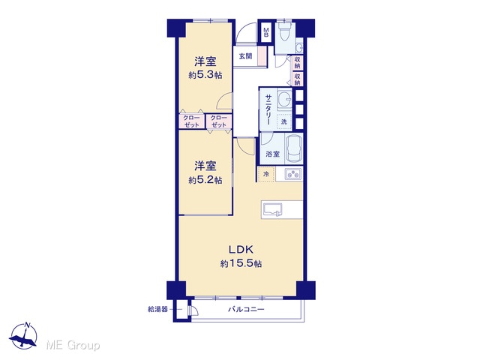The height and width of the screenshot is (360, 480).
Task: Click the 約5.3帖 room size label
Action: pyautogui.click(x=205, y=75)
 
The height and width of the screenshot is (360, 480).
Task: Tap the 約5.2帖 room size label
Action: pyautogui.click(x=205, y=180)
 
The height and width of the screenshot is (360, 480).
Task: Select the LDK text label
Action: pyautogui.click(x=241, y=250)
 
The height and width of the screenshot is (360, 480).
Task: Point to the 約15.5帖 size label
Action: pyautogui.click(x=241, y=263)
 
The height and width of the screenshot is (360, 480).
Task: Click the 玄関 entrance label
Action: pyautogui.click(x=245, y=56)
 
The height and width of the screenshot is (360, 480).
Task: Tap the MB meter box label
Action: pyautogui.click(x=266, y=32)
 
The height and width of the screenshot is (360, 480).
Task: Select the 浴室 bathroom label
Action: pyautogui.click(x=272, y=154)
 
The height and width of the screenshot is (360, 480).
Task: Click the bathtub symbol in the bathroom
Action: pyautogui.click(x=294, y=148)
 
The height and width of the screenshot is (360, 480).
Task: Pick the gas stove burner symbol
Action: pyautogui.click(x=293, y=174)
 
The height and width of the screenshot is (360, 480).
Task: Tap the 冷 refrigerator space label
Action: pyautogui.click(x=266, y=174)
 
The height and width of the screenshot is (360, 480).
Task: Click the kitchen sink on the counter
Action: pyautogui.click(x=272, y=210)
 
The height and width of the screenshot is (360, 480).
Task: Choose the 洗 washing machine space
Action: pyautogui.click(x=284, y=121)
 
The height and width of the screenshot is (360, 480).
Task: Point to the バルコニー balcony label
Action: pyautogui.click(x=246, y=310)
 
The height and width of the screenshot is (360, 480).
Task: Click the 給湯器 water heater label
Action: pyautogui.click(x=158, y=309)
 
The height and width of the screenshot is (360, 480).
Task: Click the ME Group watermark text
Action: pyautogui.click(x=73, y=345)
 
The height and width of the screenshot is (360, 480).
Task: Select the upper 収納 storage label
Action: pyautogui.click(x=297, y=63)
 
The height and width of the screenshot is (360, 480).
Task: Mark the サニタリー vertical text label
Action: pyautogui.click(x=268, y=109)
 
